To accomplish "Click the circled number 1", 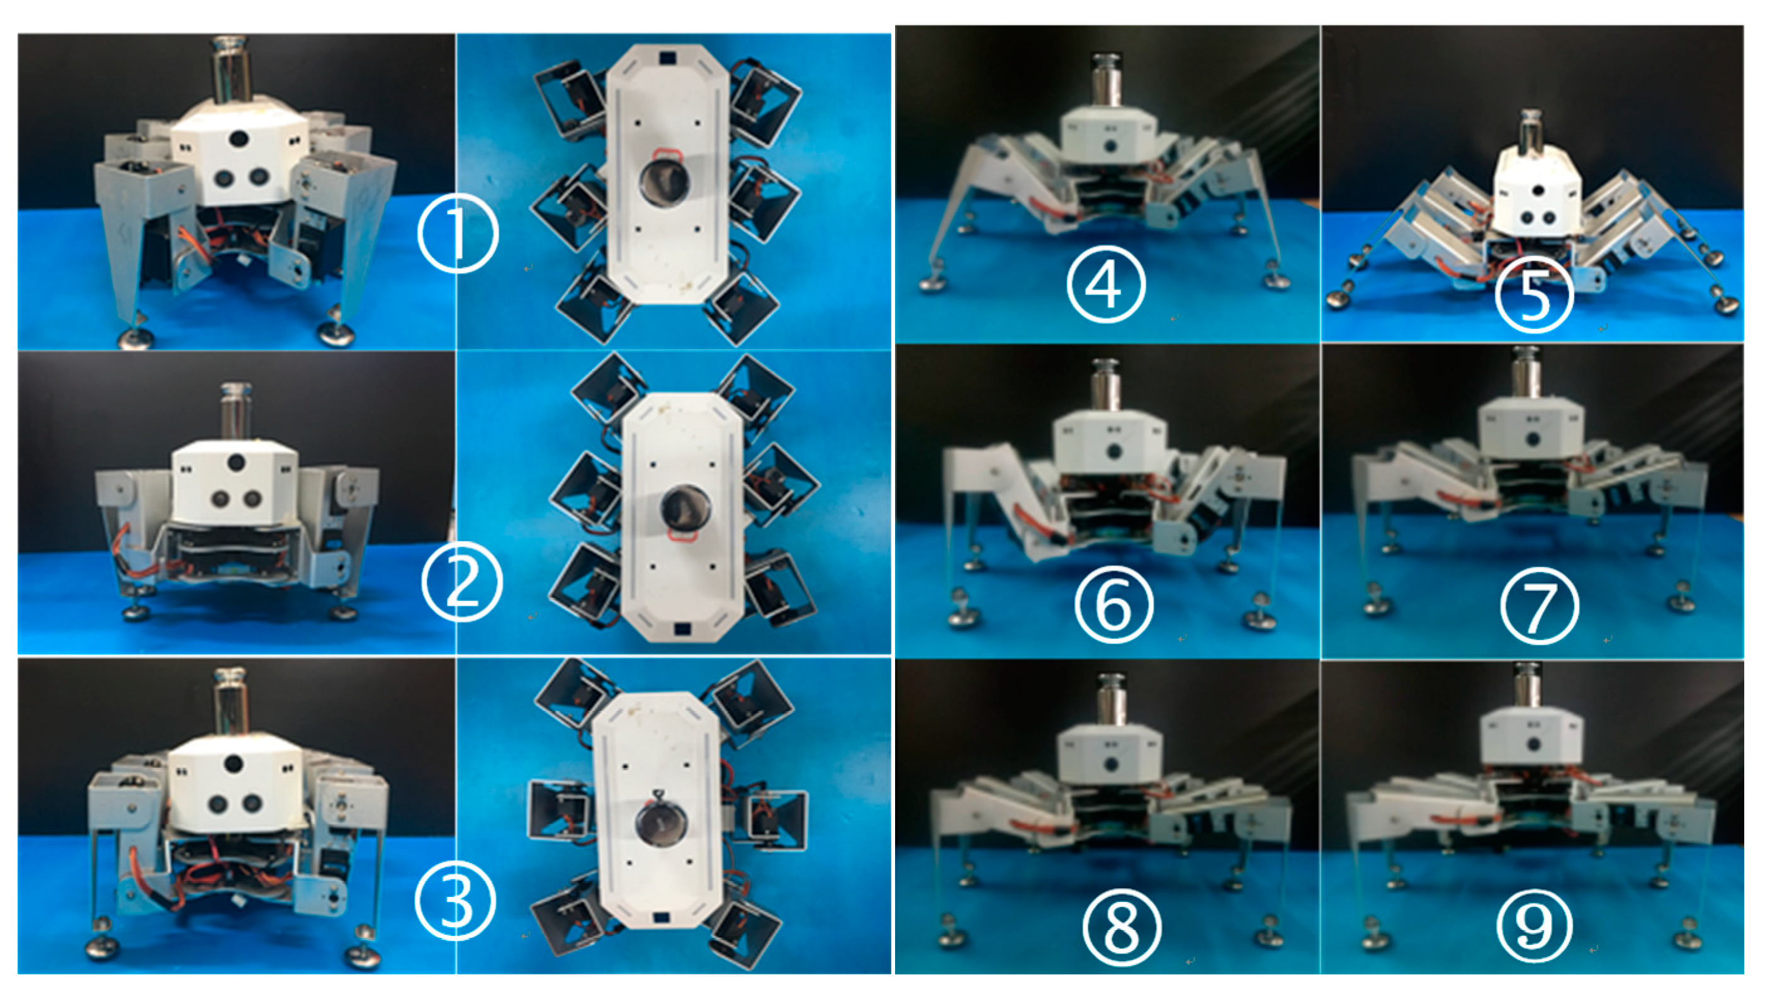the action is pyautogui.click(x=457, y=234).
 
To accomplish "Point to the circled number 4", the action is pyautogui.click(x=1106, y=285).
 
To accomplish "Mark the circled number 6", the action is pyautogui.click(x=1114, y=604).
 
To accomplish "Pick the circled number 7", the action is pyautogui.click(x=1540, y=606).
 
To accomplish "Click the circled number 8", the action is pyautogui.click(x=1122, y=927).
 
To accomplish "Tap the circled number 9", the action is pyautogui.click(x=1535, y=924).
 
